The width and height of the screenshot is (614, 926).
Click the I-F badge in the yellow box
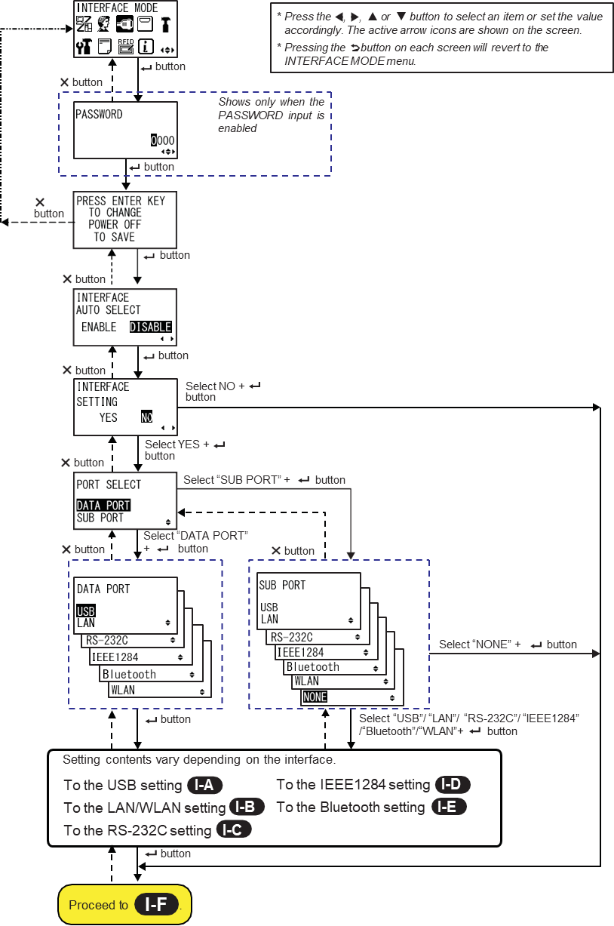coord(155,905)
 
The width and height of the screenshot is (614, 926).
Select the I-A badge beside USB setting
coord(204,785)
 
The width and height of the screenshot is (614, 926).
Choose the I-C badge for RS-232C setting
coord(233,830)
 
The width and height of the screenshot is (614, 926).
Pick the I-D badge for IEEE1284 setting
coord(452,785)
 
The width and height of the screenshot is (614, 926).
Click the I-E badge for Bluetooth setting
coord(447,807)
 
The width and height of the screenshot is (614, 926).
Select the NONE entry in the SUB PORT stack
coord(315,697)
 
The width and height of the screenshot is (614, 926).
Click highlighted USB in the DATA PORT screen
coord(86,611)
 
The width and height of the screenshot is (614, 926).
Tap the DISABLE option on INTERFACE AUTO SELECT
coord(150,327)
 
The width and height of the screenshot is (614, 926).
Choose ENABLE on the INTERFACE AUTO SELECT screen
coord(100,327)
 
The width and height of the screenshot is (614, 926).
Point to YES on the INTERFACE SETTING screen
coord(109,417)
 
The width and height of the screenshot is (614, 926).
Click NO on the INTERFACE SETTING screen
coord(147,417)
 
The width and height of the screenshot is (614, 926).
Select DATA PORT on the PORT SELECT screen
coord(103,506)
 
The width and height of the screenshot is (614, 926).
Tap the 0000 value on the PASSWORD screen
coord(162,140)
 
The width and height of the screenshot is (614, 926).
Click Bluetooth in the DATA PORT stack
coord(129,674)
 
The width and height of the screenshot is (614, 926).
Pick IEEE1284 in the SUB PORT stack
coord(300,652)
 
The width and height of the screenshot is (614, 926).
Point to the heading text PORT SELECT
coord(109,484)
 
